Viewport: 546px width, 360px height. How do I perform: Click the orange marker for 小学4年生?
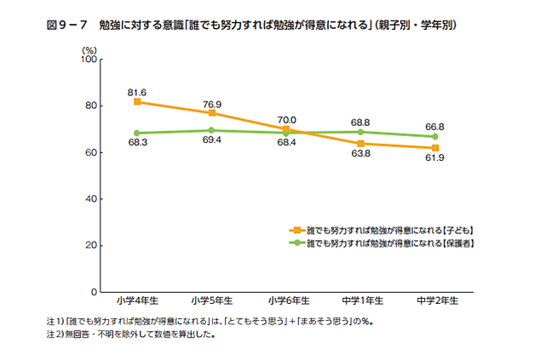137,102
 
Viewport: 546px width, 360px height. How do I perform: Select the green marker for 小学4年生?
137,133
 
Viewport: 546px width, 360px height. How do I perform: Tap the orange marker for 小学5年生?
212,113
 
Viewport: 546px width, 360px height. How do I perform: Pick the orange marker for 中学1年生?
361,143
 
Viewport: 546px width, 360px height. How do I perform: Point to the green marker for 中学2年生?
435,136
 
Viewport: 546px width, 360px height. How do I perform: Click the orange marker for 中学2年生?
435,148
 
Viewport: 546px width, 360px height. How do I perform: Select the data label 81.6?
137,91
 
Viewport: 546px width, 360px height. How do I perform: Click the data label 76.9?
212,102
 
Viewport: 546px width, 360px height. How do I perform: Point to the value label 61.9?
435,161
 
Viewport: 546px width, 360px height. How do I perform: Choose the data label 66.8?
435,125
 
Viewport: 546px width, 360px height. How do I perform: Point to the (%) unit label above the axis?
89,50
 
